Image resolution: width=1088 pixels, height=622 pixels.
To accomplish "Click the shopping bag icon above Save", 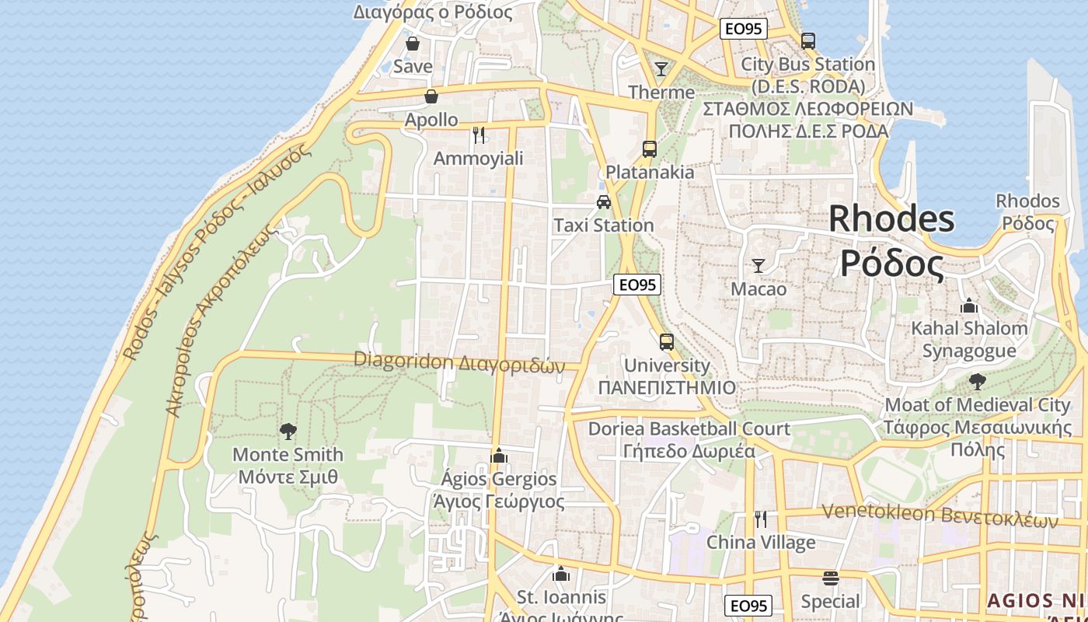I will pos(413,44).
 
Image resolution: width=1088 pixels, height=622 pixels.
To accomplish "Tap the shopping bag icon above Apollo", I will pos(431,96).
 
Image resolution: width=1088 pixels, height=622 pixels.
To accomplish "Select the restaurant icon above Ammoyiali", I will pos(479,135).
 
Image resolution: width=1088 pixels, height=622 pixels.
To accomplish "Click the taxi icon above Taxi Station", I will pos(604,202).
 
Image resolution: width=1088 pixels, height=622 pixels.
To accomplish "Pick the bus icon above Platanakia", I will pos(650,149).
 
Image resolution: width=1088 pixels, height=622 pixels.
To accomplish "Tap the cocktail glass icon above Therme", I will pos(661,69).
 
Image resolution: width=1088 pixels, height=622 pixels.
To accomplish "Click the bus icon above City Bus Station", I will pos(808,40).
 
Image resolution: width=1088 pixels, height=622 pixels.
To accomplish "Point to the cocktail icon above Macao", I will pos(758,266).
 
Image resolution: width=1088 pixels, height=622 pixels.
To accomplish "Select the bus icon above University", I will pos(667,341).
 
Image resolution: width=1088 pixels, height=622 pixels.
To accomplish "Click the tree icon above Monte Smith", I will pos(288,431).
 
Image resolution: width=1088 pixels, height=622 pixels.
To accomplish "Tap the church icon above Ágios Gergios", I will pos(499,455).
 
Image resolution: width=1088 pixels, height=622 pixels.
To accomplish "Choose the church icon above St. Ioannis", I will pos(561,575).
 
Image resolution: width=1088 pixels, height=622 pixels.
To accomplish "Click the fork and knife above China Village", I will pos(761,519).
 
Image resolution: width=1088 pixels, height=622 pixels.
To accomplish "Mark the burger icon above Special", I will pos(831,578).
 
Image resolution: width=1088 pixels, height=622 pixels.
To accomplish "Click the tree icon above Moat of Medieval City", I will pos(978,382).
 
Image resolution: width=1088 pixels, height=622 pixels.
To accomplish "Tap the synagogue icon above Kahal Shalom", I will pos(969,306).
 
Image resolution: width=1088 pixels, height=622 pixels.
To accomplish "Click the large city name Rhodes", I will pos(891,219).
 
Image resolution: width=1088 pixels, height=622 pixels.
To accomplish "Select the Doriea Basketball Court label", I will pos(689,429).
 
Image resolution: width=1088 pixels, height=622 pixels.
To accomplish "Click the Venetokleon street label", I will pos(940,514).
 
